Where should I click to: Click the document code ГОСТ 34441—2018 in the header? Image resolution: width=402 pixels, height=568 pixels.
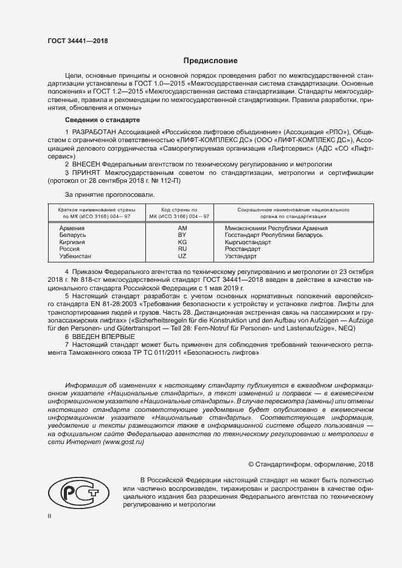coord(77,41)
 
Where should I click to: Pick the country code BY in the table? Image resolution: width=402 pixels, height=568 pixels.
coord(182,234)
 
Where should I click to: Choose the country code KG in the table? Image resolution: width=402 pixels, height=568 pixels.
coord(182,242)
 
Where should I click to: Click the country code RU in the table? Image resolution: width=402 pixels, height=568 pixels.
coord(182,249)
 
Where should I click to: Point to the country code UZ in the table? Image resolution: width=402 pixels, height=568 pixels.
coord(182,256)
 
